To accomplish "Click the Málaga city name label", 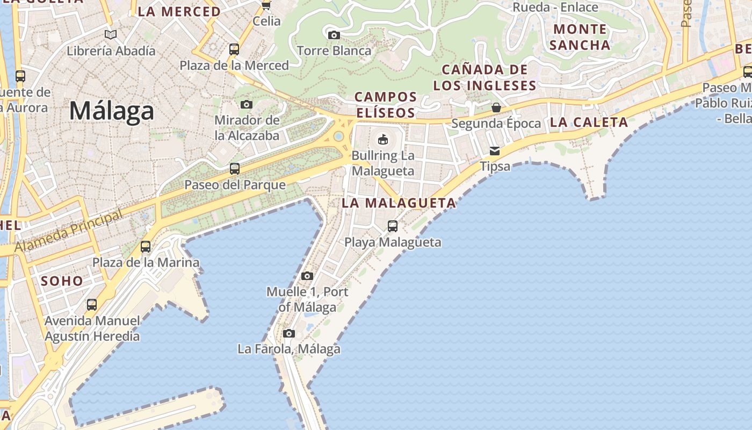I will click(x=112, y=111).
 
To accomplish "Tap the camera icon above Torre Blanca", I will click(x=334, y=35).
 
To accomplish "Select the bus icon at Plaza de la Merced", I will click(x=234, y=49).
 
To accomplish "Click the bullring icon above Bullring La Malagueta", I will click(x=383, y=139).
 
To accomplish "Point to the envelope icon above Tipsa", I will click(x=494, y=150).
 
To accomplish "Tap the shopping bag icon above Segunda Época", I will click(x=496, y=107).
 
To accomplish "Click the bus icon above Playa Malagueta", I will click(x=393, y=226).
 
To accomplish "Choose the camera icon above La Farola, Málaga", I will click(x=289, y=333).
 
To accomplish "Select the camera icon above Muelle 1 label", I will click(x=307, y=276).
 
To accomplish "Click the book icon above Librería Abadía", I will click(x=111, y=35).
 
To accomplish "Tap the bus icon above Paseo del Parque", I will click(x=235, y=169).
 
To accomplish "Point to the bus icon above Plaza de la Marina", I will click(x=146, y=247).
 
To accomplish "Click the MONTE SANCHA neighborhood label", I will click(x=580, y=37).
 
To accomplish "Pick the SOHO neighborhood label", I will click(x=62, y=281).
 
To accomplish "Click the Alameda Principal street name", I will click(x=68, y=231).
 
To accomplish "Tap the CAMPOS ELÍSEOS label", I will click(x=385, y=105).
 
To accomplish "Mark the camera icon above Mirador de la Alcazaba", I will click(x=247, y=104).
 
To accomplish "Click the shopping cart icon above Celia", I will click(x=266, y=6).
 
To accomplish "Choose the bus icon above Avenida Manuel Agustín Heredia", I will click(x=92, y=305).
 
